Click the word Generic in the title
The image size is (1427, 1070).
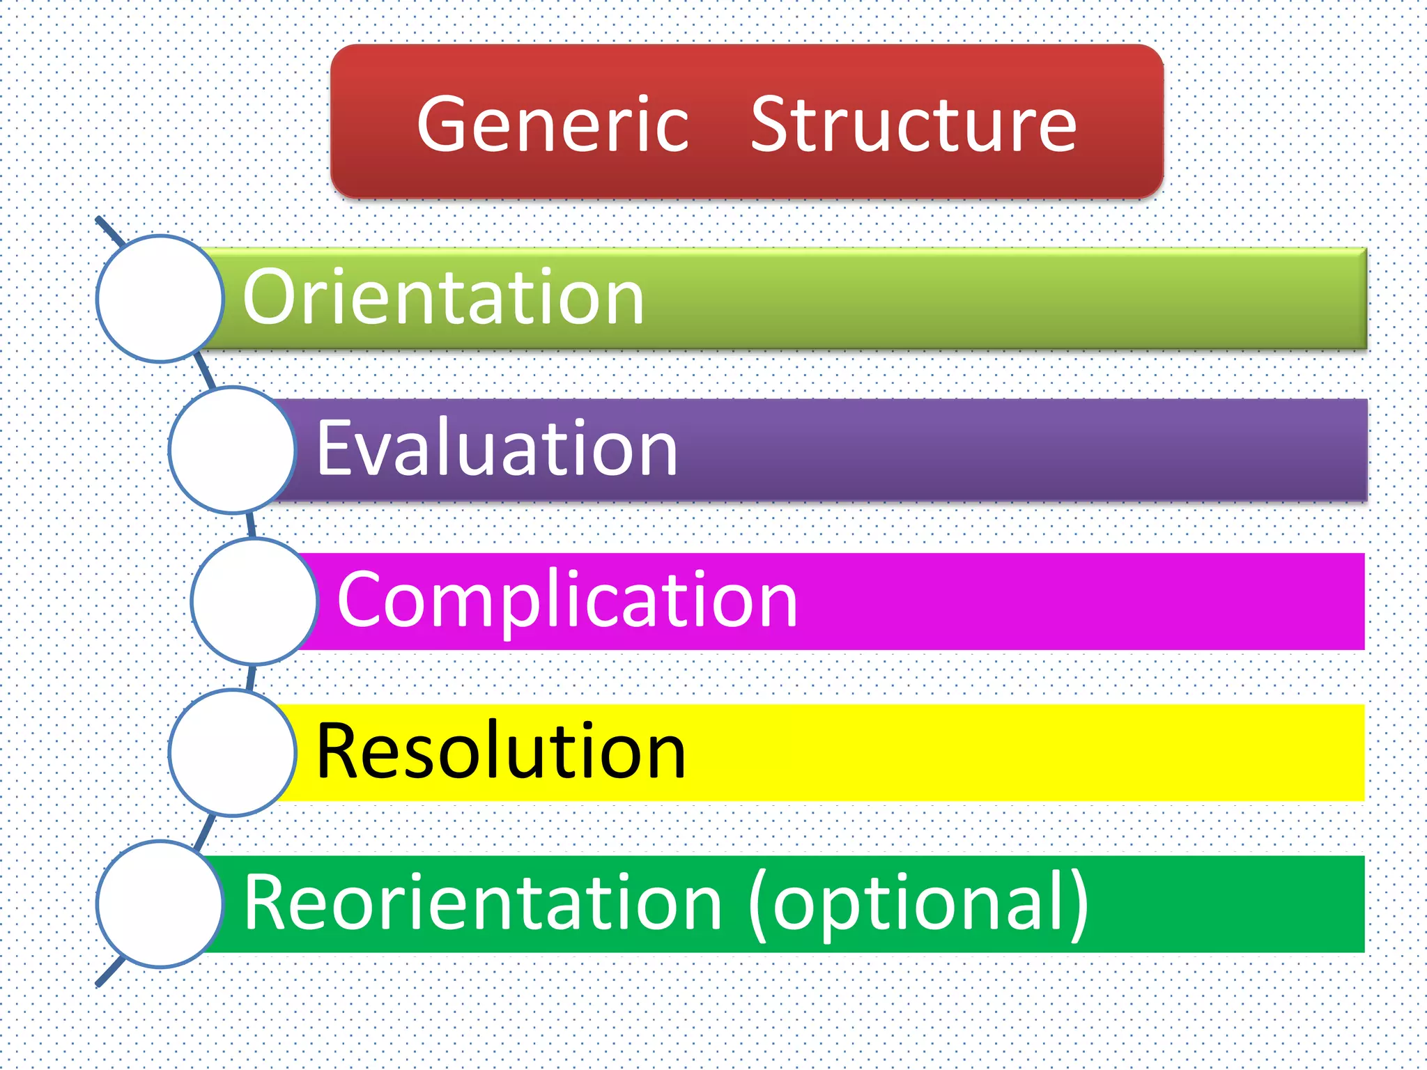coord(553,125)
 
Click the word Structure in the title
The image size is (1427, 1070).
coord(913,125)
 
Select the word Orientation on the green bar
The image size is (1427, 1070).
coord(443,298)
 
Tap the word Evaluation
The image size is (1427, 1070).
coord(497,449)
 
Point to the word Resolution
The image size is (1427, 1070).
coord(501,751)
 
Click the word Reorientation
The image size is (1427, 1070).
coord(483,903)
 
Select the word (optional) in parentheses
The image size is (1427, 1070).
coord(919,904)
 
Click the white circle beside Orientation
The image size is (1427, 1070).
coord(160,298)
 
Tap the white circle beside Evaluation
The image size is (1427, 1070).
coord(233,450)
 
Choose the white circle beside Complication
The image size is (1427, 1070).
coord(255,600)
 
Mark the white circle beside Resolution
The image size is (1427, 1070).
coord(233,752)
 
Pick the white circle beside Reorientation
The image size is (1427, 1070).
coord(160,904)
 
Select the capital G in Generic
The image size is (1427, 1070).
coord(445,125)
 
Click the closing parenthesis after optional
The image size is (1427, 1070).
coord(1077,904)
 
